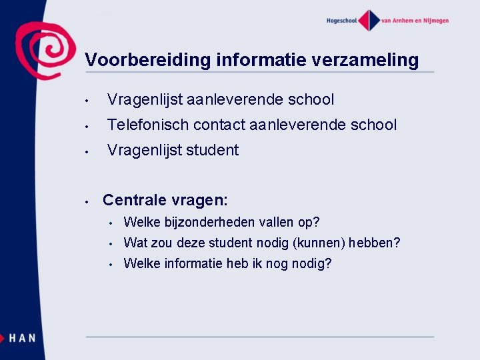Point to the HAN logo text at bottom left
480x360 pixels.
point(22,338)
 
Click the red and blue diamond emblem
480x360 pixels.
point(368,20)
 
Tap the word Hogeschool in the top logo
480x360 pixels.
point(341,21)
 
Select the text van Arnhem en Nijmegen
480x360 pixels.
point(415,21)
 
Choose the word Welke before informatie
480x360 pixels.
point(140,263)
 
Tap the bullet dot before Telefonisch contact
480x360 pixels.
point(87,125)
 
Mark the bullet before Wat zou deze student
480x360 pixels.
point(113,243)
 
